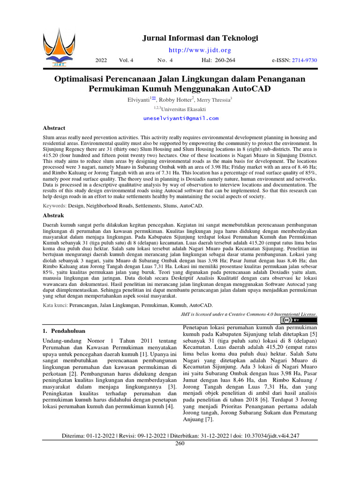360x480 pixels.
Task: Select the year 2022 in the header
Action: coord(101,60)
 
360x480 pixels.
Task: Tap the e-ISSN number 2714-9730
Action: coord(304,60)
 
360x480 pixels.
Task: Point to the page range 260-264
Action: coord(225,60)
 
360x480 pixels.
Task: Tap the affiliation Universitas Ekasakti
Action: coord(184,109)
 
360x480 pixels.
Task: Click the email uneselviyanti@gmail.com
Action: coord(180,118)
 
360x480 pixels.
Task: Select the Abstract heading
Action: coord(54,127)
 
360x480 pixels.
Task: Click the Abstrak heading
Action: coord(52,216)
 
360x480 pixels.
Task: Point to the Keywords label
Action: coord(54,206)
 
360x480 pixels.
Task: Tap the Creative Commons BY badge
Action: coord(306,320)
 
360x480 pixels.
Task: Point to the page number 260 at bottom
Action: coord(180,443)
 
